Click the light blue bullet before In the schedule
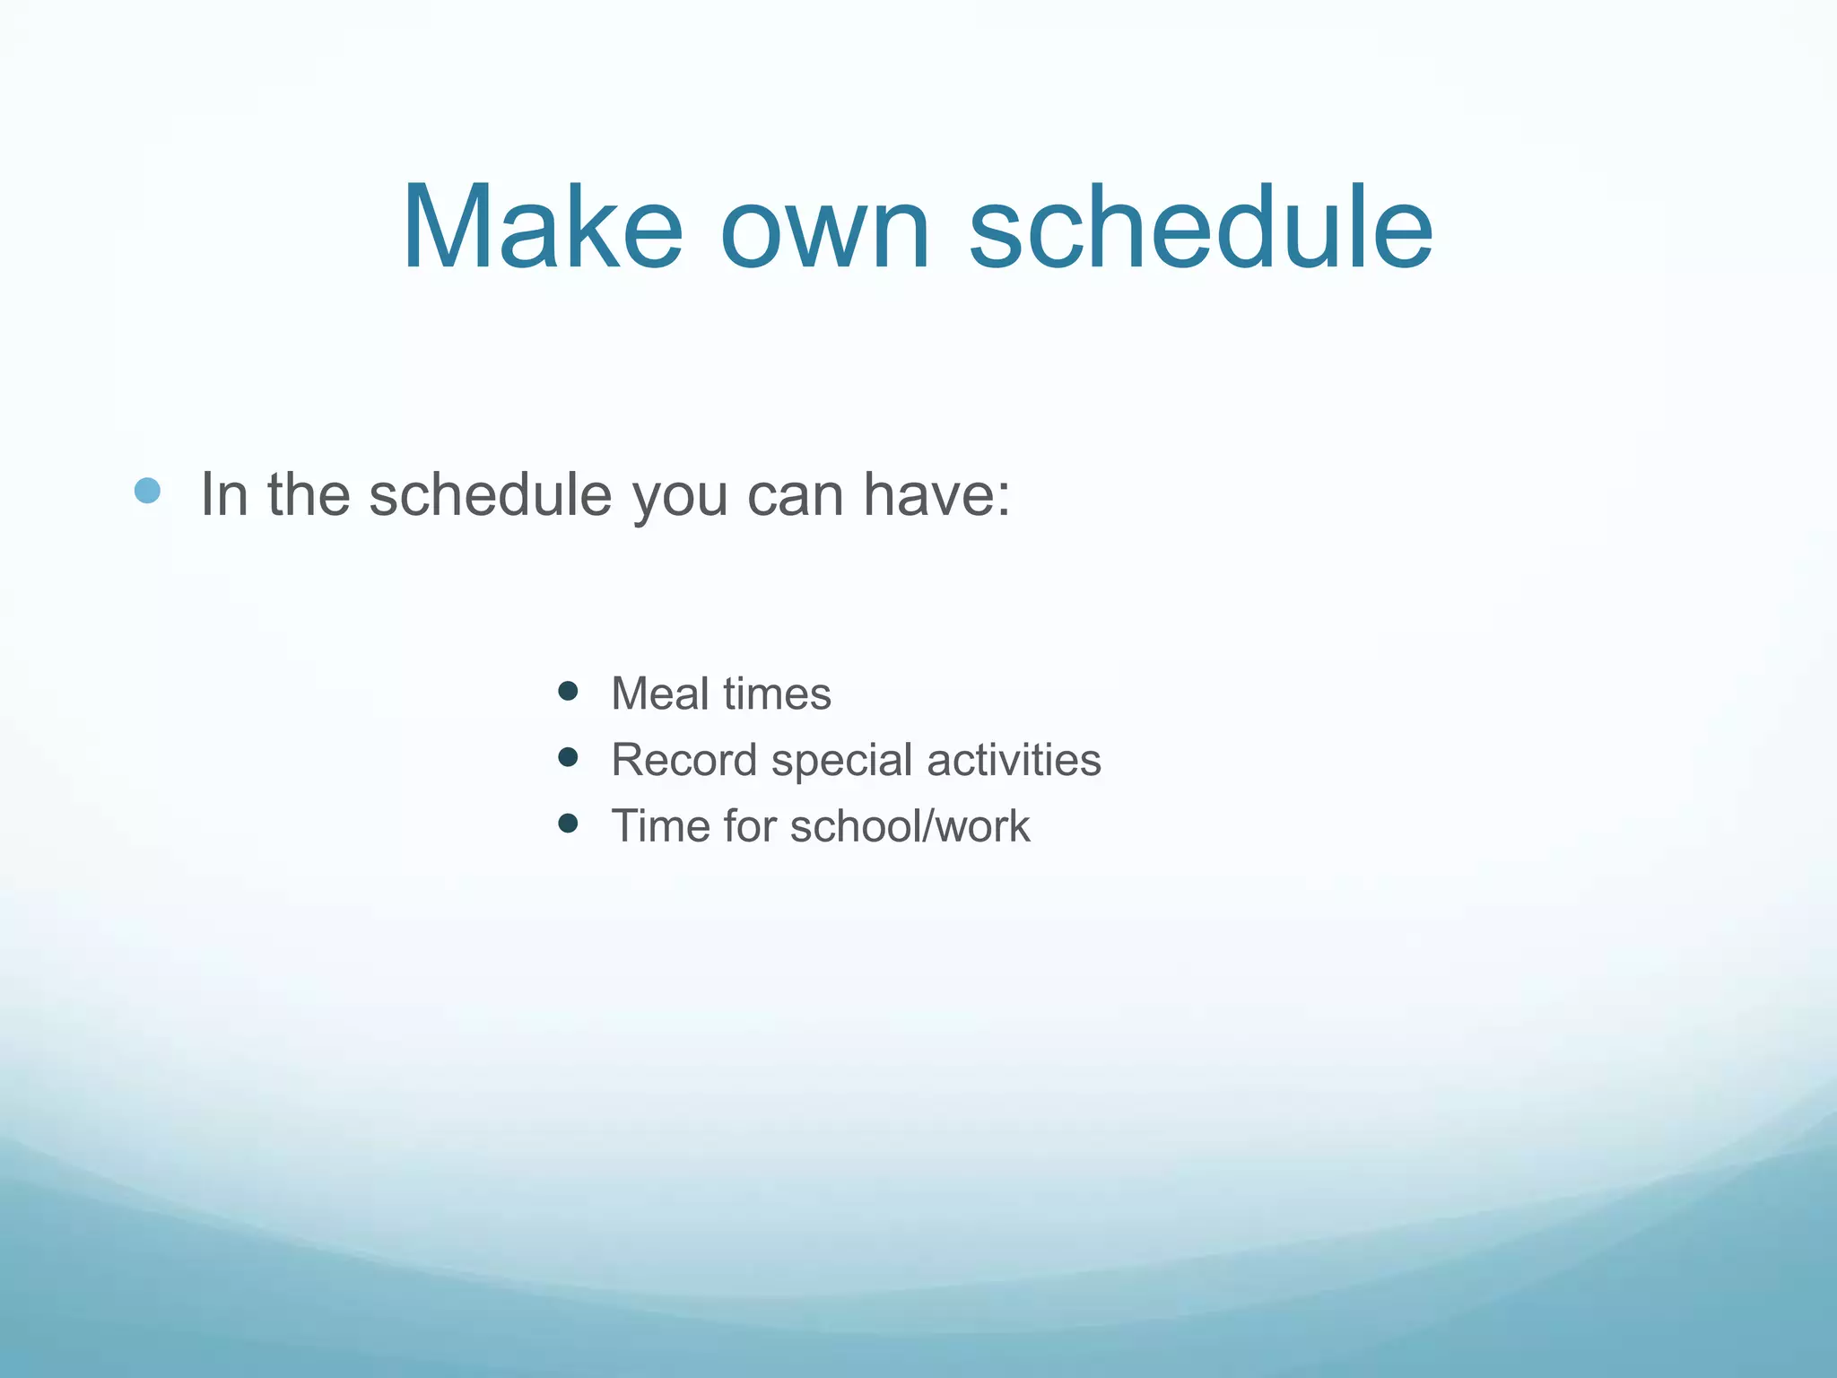[x=147, y=491]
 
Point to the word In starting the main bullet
[x=223, y=494]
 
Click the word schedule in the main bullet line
[x=490, y=494]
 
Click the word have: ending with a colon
[x=936, y=494]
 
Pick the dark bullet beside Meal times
[x=567, y=691]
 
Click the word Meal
[x=660, y=693]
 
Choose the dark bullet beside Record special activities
[x=567, y=757]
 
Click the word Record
[x=683, y=760]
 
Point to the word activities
[x=1014, y=760]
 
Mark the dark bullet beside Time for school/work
[x=567, y=824]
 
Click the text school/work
[x=910, y=826]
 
